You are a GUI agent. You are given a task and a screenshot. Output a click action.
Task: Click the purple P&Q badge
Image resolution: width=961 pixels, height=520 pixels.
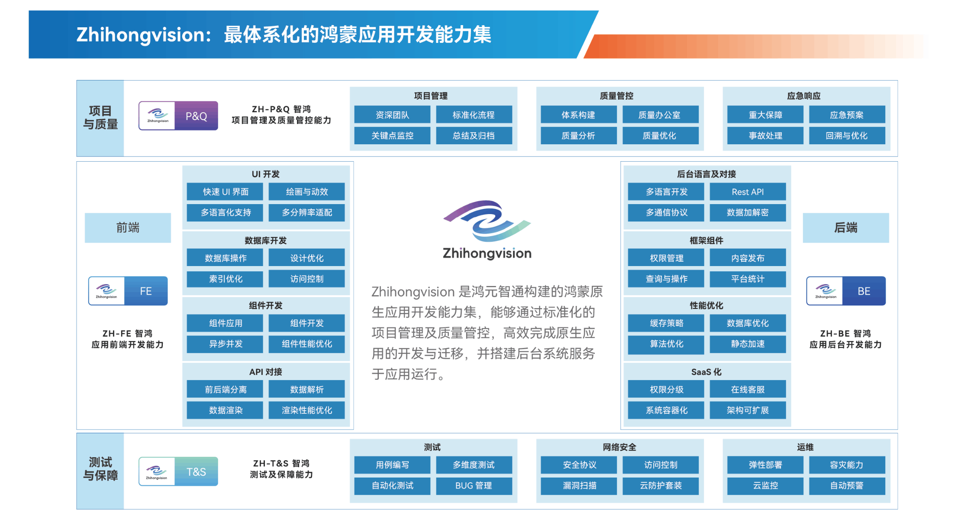[178, 116]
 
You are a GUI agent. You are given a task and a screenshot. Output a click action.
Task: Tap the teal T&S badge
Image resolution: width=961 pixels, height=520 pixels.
[178, 471]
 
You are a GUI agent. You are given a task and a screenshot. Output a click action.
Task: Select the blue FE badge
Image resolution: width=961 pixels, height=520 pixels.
[128, 291]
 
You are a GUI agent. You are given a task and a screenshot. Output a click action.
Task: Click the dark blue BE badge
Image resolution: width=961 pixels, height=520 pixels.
[846, 291]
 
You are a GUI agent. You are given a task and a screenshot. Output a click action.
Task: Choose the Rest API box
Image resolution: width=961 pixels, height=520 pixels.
[748, 192]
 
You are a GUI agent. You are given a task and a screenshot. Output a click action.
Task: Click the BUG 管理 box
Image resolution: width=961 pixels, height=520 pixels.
[474, 486]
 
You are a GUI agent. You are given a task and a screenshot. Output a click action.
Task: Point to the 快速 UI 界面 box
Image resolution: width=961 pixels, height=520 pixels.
[225, 192]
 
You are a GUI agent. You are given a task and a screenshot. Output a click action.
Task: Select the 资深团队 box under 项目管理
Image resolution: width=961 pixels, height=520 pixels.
[392, 115]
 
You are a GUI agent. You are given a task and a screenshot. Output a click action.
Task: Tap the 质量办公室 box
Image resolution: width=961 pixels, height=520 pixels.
[660, 115]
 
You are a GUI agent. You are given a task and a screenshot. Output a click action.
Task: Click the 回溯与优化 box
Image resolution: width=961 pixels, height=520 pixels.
[847, 136]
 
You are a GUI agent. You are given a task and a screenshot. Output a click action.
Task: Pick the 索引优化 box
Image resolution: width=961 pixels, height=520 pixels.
[225, 279]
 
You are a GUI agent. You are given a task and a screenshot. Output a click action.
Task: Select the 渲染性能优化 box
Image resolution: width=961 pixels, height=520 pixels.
[306, 410]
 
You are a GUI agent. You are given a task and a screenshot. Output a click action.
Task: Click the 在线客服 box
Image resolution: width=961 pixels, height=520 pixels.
[748, 389]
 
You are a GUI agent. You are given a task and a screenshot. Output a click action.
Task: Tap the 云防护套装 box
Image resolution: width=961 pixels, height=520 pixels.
[661, 486]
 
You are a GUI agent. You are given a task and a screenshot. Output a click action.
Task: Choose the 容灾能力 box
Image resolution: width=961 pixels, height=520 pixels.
[847, 465]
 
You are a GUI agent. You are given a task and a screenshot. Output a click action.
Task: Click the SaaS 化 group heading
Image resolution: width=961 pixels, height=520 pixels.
[706, 372]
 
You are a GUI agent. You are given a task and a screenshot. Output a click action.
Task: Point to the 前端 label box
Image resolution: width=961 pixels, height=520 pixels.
[128, 227]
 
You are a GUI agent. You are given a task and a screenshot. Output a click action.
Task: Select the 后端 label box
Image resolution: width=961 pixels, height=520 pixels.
[846, 227]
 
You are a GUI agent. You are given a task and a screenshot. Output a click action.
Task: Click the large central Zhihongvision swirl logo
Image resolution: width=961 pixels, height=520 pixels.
[487, 221]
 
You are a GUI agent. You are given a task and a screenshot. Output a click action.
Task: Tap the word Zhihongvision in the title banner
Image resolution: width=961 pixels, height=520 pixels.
[140, 35]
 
